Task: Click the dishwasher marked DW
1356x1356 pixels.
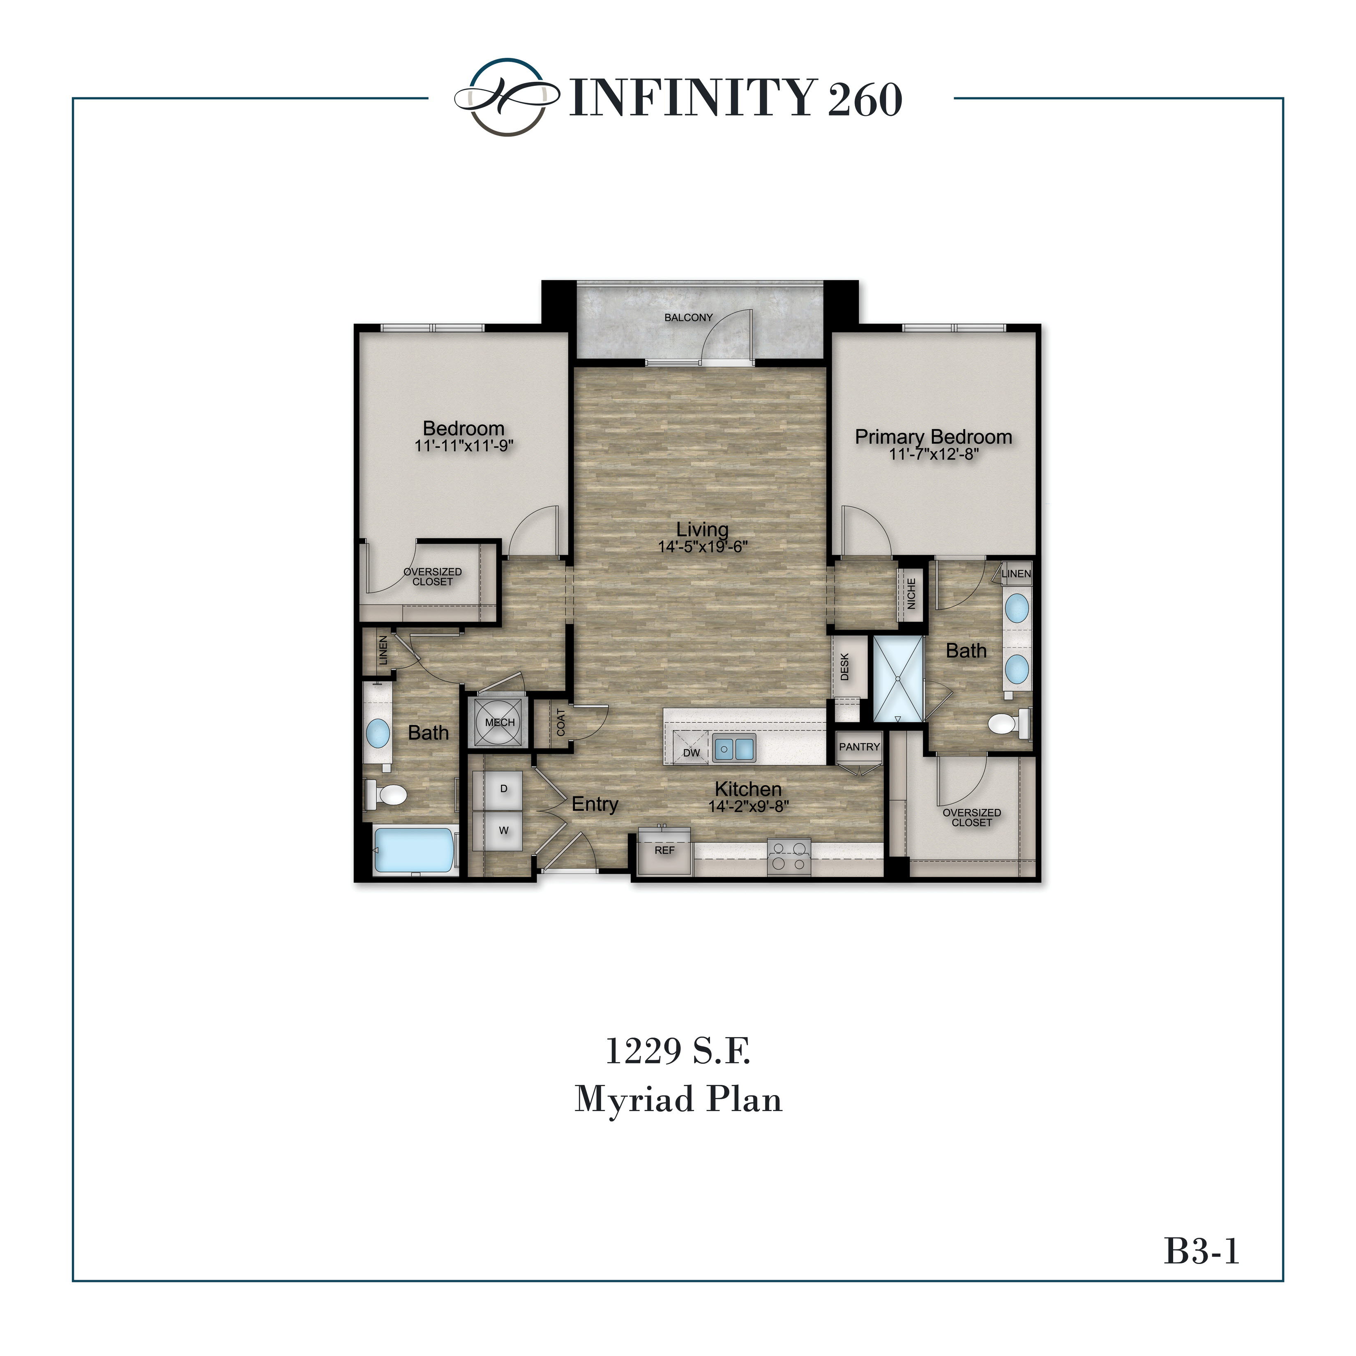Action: coord(691,752)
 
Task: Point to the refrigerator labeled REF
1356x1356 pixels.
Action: coord(664,851)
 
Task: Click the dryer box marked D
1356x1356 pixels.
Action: coord(503,789)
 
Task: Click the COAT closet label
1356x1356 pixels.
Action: coord(561,722)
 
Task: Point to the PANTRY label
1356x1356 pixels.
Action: coord(859,747)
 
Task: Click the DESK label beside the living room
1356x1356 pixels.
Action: coord(844,667)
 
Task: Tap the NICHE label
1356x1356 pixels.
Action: coord(911,593)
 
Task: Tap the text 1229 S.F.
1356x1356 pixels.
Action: coord(677,1052)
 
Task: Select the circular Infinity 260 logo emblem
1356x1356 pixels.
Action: coord(507,97)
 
